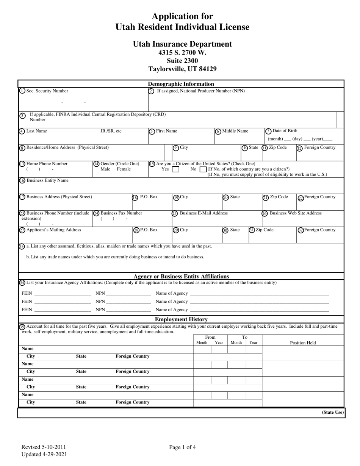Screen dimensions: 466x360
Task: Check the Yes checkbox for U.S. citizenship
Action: click(175, 169)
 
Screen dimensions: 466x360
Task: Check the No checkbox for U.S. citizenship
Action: click(203, 169)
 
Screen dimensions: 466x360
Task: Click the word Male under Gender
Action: click(105, 169)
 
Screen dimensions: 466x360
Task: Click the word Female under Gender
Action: click(124, 169)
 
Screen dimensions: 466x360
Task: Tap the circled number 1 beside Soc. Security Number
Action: click(22, 91)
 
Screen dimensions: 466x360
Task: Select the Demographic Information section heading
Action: click(181, 84)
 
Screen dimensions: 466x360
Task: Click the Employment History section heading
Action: click(181, 319)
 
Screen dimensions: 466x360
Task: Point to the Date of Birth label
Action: click(285, 131)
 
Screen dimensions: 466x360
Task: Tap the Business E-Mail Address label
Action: click(203, 213)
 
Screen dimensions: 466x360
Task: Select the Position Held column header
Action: click(303, 343)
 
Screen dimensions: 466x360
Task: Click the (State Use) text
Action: click(333, 412)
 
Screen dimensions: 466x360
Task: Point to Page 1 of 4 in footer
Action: click(182, 447)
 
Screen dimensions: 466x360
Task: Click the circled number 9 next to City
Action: click(176, 148)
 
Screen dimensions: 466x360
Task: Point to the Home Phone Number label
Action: click(47, 164)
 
